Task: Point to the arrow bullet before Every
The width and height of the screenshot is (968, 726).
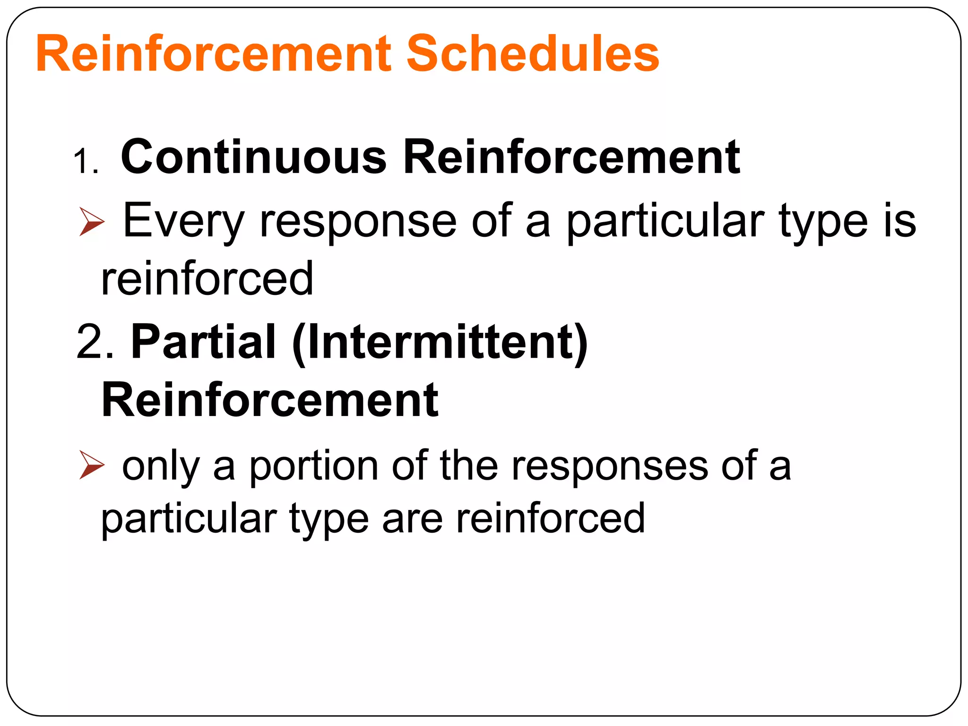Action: pyautogui.click(x=92, y=221)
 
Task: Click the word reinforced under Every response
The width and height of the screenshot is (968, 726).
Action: pyautogui.click(x=207, y=279)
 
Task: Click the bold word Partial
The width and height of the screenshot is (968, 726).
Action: pyautogui.click(x=203, y=341)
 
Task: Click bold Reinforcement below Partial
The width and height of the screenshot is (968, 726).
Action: pyautogui.click(x=270, y=400)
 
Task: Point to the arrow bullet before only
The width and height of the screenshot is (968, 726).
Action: pyautogui.click(x=92, y=465)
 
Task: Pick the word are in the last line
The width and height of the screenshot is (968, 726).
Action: pyautogui.click(x=413, y=519)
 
